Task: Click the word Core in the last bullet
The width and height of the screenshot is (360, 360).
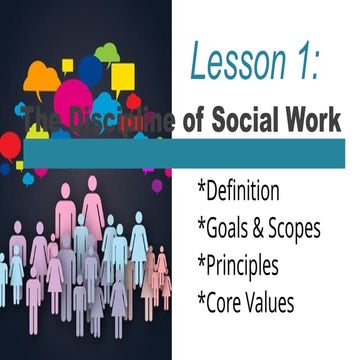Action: click(229, 301)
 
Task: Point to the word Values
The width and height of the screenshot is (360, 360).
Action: click(276, 301)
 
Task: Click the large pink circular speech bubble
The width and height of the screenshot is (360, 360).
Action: click(72, 100)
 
